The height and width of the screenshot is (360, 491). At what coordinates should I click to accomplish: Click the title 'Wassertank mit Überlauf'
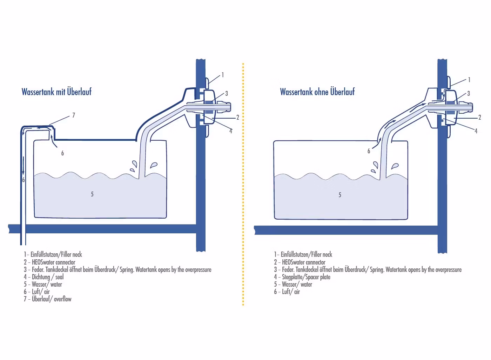point(56,92)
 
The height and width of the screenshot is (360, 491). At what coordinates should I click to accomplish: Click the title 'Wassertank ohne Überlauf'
point(317,92)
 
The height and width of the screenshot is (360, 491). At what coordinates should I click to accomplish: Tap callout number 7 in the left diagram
point(74,115)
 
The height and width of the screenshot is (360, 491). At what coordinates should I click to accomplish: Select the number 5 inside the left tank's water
point(92,194)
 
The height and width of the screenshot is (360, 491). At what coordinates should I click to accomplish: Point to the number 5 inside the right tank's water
point(340,195)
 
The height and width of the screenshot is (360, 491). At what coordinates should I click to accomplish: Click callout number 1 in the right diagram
point(469,80)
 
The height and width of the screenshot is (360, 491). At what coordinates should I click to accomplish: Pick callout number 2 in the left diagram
point(237,117)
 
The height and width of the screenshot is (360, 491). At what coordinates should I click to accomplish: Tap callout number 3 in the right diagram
point(469,93)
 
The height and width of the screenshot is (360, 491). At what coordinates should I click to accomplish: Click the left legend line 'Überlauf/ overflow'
point(48,299)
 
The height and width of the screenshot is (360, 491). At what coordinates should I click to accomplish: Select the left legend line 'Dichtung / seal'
point(44,277)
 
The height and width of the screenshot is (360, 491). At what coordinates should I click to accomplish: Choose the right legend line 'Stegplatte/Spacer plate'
point(302,277)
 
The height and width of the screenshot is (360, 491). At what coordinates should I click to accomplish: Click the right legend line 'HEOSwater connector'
point(300,262)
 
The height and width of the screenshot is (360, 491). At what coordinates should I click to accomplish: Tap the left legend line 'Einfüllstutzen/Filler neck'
point(53,254)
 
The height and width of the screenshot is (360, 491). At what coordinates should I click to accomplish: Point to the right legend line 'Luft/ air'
point(287,292)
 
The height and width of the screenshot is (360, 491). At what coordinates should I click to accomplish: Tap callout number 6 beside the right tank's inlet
point(369,151)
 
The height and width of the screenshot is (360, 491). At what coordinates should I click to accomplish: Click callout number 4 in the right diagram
point(476,131)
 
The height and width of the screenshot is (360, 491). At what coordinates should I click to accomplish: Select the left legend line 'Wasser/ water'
point(43,284)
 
